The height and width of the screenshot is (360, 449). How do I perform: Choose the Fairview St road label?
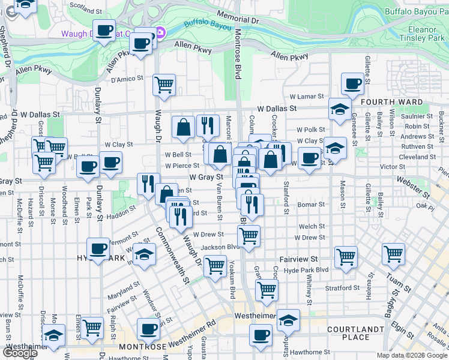[298, 260]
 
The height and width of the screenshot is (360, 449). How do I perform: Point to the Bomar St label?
[311, 205]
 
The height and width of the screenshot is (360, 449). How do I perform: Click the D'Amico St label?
[127, 77]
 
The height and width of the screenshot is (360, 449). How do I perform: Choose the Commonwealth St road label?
[173, 256]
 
